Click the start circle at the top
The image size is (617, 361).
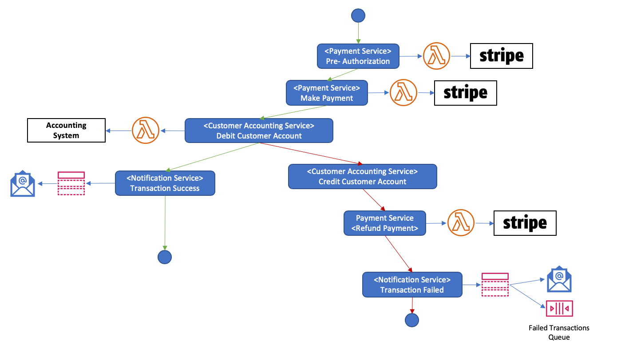pos(358,16)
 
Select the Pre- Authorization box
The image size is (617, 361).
pos(358,56)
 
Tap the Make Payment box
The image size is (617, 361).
pos(327,93)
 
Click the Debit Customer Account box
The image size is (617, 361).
pos(259,131)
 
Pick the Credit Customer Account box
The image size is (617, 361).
pos(363,176)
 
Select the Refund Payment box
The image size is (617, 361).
pos(385,223)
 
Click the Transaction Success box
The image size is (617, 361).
pos(165,183)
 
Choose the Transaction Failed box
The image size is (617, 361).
pos(412,285)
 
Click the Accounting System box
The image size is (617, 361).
pos(66,131)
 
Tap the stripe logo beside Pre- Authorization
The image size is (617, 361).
pos(501,56)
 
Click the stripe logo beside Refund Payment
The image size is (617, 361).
pos(525,223)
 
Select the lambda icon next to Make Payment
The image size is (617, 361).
pos(403,93)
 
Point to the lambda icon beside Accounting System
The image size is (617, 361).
pos(146,131)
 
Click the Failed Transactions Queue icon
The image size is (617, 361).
pos(559,308)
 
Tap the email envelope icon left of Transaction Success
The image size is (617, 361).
pos(23,183)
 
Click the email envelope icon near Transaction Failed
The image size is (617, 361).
pos(559,279)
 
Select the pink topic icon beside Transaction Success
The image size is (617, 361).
pos(71,183)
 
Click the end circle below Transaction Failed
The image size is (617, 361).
pos(412,320)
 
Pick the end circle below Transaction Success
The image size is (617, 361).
pos(165,257)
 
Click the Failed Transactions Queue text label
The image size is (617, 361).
pos(559,332)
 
